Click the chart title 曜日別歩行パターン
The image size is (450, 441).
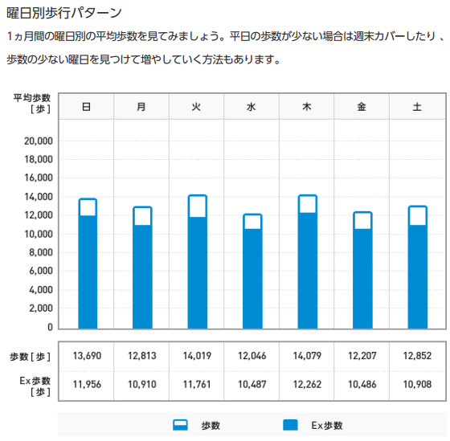(x=64, y=13)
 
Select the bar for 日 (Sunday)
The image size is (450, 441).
(x=88, y=263)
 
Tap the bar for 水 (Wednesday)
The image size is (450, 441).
(x=252, y=272)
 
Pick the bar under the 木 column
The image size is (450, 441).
(x=307, y=262)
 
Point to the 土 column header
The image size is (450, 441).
(x=417, y=107)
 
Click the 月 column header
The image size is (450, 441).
(x=141, y=107)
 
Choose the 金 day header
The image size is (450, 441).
(x=362, y=107)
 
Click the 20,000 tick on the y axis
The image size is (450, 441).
(x=39, y=141)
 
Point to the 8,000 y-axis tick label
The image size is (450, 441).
(x=41, y=252)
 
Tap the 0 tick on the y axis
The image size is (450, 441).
(x=50, y=327)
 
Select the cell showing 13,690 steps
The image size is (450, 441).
(x=87, y=356)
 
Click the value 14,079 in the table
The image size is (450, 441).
(x=307, y=356)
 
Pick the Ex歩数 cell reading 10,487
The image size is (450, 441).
(x=252, y=385)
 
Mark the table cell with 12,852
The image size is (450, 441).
(x=417, y=356)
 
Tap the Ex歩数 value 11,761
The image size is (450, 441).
(x=197, y=385)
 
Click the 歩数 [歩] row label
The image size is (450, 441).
(x=31, y=357)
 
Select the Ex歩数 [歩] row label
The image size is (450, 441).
(x=35, y=386)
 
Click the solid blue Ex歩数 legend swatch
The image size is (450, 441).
(x=290, y=425)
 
